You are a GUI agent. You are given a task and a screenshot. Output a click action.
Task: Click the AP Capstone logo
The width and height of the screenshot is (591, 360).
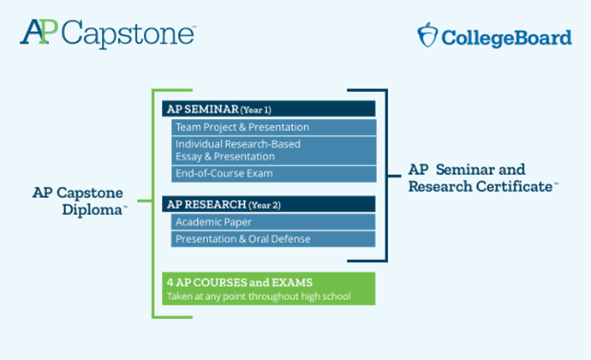pyautogui.click(x=108, y=33)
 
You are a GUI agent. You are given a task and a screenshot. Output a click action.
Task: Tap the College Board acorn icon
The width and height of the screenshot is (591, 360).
pyautogui.click(x=427, y=35)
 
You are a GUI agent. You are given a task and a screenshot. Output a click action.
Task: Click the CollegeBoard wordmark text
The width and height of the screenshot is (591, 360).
pyautogui.click(x=506, y=38)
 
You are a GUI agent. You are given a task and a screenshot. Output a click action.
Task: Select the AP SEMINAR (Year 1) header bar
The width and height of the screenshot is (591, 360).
pyautogui.click(x=269, y=109)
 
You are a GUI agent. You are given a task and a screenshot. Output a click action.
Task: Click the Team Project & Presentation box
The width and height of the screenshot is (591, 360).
pyautogui.click(x=274, y=127)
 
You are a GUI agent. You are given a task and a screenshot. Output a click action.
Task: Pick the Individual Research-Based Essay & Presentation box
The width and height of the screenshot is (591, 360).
pyautogui.click(x=274, y=151)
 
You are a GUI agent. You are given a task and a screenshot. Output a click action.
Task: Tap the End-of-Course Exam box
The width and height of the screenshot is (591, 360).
pyautogui.click(x=274, y=174)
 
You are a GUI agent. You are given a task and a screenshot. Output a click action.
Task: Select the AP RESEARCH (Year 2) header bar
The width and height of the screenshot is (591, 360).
pyautogui.click(x=269, y=204)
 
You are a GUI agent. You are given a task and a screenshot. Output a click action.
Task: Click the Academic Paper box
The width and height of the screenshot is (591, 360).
pyautogui.click(x=273, y=222)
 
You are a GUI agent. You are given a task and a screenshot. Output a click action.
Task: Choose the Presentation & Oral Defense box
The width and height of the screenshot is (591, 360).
pyautogui.click(x=273, y=239)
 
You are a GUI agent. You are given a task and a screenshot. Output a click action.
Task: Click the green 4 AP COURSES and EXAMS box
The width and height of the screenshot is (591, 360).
pyautogui.click(x=269, y=289)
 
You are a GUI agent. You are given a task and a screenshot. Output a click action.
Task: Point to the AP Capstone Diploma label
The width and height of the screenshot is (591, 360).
pyautogui.click(x=80, y=201)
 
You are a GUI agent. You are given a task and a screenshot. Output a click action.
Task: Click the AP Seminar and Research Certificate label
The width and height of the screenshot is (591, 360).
pyautogui.click(x=484, y=178)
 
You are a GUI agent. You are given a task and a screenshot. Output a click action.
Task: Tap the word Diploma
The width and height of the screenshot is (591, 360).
pyautogui.click(x=93, y=210)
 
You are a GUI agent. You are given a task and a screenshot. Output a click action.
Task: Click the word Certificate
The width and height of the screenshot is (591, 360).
pyautogui.click(x=514, y=186)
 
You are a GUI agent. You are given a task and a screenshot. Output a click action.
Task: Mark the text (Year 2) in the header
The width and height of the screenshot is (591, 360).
pyautogui.click(x=265, y=205)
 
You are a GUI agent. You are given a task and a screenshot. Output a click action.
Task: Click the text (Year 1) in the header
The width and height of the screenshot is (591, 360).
pyautogui.click(x=256, y=110)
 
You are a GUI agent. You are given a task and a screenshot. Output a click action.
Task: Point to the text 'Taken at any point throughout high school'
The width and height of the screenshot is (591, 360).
pyautogui.click(x=259, y=297)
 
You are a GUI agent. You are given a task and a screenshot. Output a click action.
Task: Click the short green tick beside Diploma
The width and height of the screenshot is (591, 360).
pyautogui.click(x=145, y=201)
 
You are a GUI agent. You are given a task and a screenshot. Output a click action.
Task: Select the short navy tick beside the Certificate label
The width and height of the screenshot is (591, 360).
pyautogui.click(x=394, y=176)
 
